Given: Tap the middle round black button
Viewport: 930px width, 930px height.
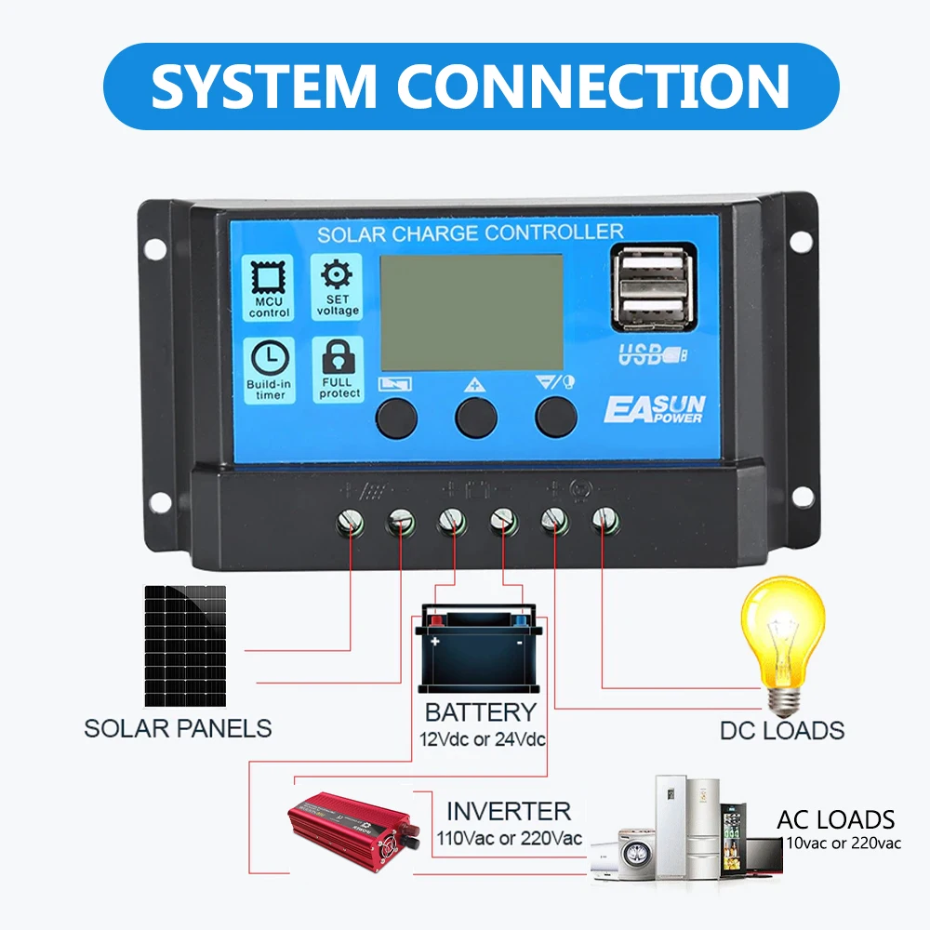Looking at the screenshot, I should coord(476,416).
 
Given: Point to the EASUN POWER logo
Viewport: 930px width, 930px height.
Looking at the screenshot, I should coord(655,409).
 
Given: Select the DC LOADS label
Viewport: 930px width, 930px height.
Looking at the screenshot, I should coord(782,730).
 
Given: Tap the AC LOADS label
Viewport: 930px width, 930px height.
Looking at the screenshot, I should coord(835,819).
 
